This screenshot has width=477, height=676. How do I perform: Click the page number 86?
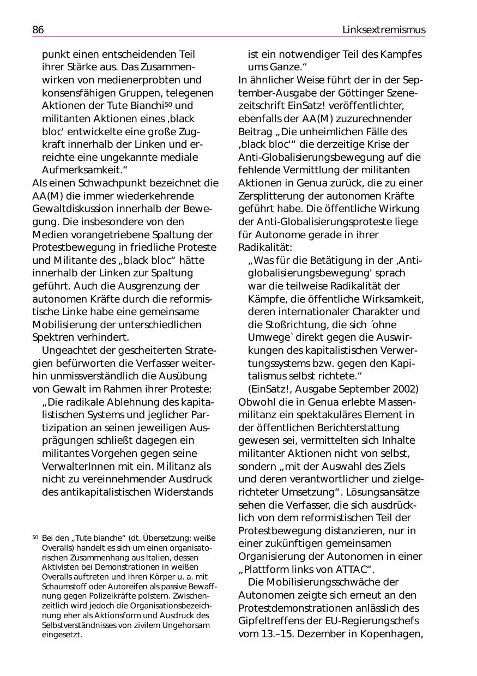pyautogui.click(x=38, y=30)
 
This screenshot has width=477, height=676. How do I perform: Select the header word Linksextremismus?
pyautogui.click(x=384, y=30)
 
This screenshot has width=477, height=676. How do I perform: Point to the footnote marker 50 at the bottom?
pyautogui.click(x=35, y=537)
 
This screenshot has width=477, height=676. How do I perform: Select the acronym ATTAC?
pyautogui.click(x=341, y=570)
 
